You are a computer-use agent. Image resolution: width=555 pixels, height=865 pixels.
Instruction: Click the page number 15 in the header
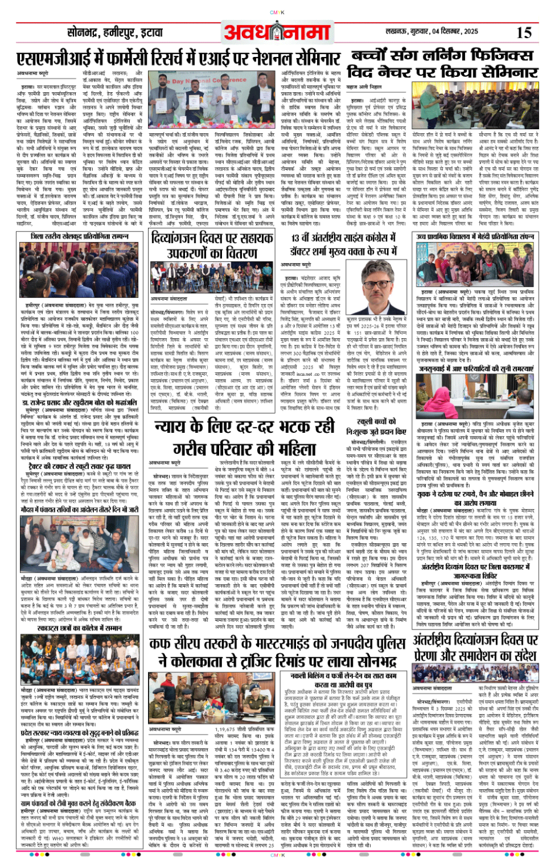(524, 33)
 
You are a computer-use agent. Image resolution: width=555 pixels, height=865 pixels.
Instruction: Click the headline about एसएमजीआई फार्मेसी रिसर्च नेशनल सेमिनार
(179, 59)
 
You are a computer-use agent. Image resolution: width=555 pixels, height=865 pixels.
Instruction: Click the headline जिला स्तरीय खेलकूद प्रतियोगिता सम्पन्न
(79, 236)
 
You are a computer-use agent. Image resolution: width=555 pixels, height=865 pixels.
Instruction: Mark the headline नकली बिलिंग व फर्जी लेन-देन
(347, 681)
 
